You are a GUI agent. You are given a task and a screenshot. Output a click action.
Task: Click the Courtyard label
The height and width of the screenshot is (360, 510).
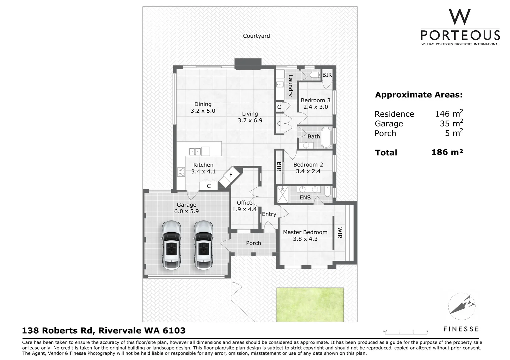coord(256,36)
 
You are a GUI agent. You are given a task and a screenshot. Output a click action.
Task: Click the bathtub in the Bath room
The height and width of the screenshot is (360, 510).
coord(326,137)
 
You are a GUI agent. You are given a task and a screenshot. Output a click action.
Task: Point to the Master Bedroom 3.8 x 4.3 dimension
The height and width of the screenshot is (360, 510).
coord(305,239)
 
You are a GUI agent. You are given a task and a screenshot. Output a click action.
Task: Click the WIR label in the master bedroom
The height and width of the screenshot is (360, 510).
coord(340,233)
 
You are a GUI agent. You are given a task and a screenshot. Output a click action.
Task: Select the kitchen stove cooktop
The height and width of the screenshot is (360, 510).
coord(181,172)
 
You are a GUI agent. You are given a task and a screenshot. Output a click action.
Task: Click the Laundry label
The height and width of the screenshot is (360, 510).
coord(290,86)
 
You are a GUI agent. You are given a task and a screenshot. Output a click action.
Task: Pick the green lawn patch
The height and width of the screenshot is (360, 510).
coord(310,304)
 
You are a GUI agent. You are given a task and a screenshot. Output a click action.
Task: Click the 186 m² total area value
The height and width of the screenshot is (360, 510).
coord(447,152)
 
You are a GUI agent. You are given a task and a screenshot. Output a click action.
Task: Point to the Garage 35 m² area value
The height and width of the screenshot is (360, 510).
coord(451,123)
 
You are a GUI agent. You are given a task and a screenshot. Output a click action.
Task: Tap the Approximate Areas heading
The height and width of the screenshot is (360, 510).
coord(419,95)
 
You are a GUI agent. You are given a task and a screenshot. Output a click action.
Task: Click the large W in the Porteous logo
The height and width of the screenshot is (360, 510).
coord(460,17)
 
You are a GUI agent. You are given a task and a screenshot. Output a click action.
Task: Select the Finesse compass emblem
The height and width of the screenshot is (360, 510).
coord(461,305)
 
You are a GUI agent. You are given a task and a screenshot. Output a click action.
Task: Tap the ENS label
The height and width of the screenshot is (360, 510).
coord(305,198)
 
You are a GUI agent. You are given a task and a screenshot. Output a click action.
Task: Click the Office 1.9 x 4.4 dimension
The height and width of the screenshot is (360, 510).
coord(244,209)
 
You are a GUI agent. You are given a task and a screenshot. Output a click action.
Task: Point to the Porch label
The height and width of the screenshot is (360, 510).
coord(253,243)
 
